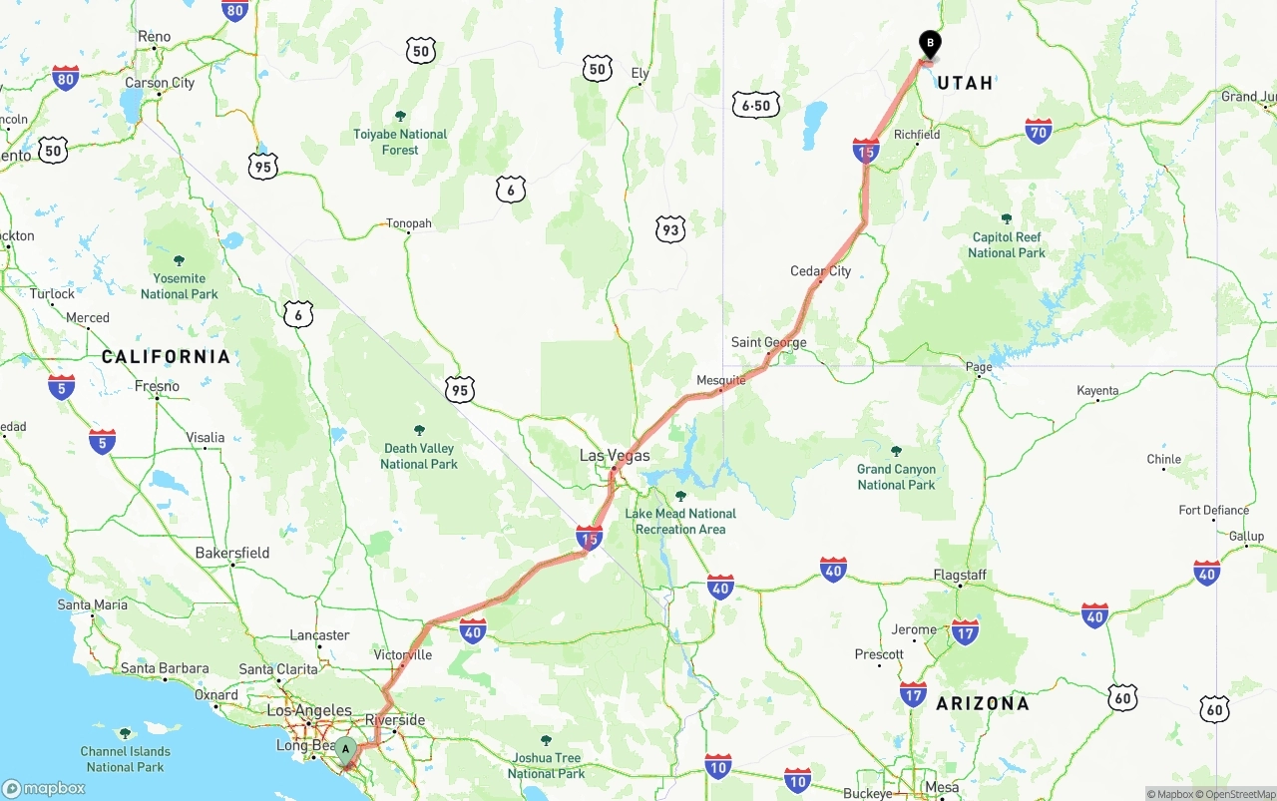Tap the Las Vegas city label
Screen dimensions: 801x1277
pyautogui.click(x=615, y=456)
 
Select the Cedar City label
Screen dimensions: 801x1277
pyautogui.click(x=820, y=271)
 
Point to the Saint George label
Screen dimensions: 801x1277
pyautogui.click(x=768, y=342)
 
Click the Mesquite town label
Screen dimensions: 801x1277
pyautogui.click(x=720, y=380)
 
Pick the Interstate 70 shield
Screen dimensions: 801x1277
pyautogui.click(x=1039, y=131)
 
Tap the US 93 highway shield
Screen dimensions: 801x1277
pyautogui.click(x=670, y=230)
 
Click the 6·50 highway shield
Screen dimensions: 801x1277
pyautogui.click(x=755, y=105)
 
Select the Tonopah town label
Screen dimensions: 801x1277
pyautogui.click(x=409, y=223)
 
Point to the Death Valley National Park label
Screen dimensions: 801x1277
pyautogui.click(x=419, y=456)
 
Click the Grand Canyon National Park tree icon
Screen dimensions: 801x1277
pyautogui.click(x=896, y=451)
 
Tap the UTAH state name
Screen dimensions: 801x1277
pyautogui.click(x=965, y=83)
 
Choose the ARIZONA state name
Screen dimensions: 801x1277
pyautogui.click(x=982, y=703)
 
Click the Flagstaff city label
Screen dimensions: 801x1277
pyautogui.click(x=960, y=575)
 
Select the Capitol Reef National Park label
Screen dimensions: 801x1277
pyautogui.click(x=1007, y=245)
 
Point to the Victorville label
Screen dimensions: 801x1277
pyautogui.click(x=403, y=654)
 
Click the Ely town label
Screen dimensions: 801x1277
pyautogui.click(x=639, y=73)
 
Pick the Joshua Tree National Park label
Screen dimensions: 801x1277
pyautogui.click(x=546, y=765)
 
